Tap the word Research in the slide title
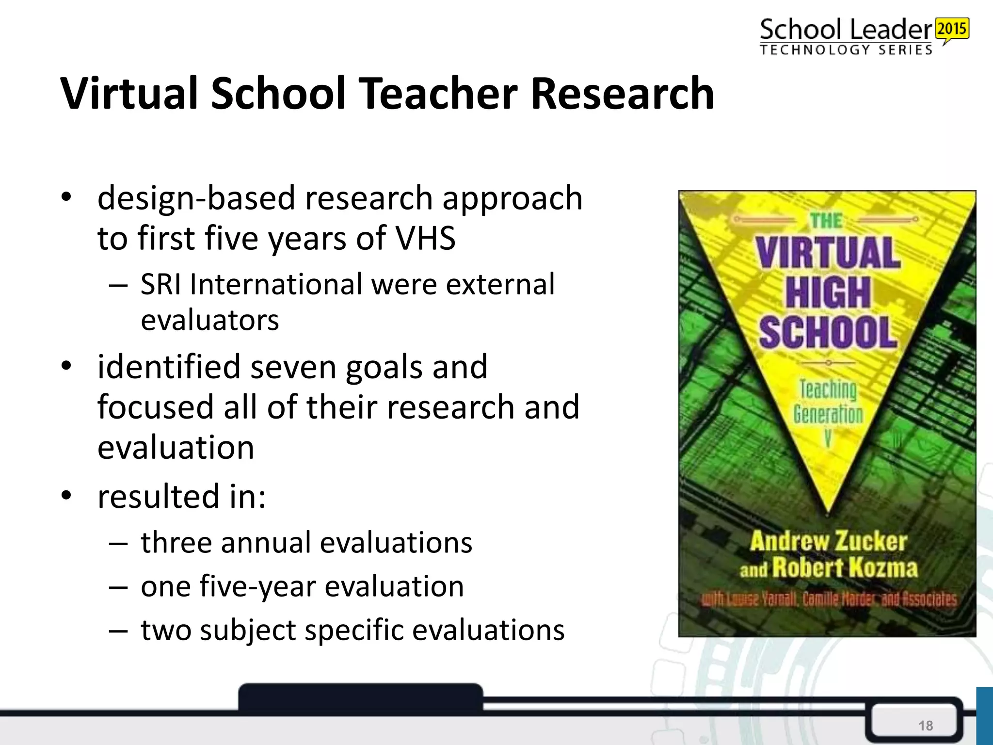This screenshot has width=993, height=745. point(622,93)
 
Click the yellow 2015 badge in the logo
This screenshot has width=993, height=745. point(952,29)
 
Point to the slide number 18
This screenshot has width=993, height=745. point(926,726)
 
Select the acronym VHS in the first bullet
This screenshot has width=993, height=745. point(425,238)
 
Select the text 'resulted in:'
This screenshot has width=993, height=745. point(182,496)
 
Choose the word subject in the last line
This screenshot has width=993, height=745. point(247,631)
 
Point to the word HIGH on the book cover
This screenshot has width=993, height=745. point(828,292)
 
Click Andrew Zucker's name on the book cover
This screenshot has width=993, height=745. point(828,541)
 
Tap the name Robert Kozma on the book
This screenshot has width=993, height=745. point(845,567)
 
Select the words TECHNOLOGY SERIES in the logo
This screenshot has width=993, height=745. point(846,50)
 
